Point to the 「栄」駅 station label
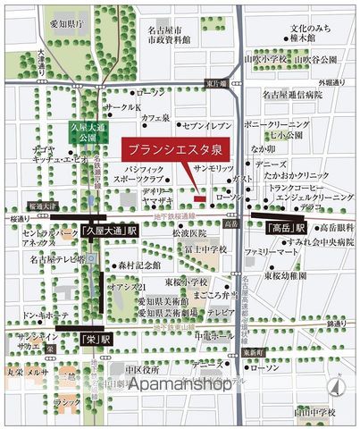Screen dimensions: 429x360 94,340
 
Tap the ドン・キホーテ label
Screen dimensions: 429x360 41,315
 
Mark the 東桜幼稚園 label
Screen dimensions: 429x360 285,275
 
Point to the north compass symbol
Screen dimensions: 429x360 335,387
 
